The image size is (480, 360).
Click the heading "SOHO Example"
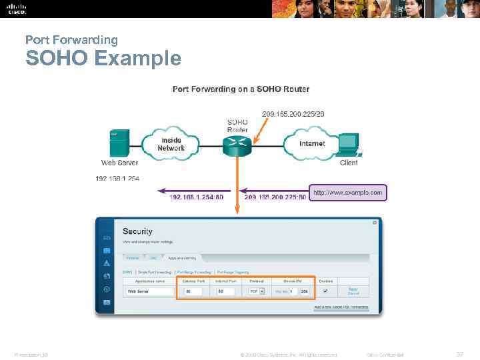[x=103, y=58]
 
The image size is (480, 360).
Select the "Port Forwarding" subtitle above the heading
[x=71, y=40]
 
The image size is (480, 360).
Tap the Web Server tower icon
[x=119, y=143]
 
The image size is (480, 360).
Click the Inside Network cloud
[x=171, y=143]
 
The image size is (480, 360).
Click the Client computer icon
[x=348, y=144]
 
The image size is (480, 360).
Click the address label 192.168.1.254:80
[x=196, y=197]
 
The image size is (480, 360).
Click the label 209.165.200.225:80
[x=275, y=197]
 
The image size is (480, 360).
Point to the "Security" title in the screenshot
[x=137, y=231]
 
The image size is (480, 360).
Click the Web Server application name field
[x=149, y=291]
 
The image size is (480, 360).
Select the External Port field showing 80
[x=193, y=291]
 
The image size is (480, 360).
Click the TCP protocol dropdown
[x=257, y=291]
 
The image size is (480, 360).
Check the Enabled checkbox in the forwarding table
[x=325, y=291]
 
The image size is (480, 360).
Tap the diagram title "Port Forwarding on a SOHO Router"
[x=241, y=89]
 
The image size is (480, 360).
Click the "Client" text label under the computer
[x=349, y=163]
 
